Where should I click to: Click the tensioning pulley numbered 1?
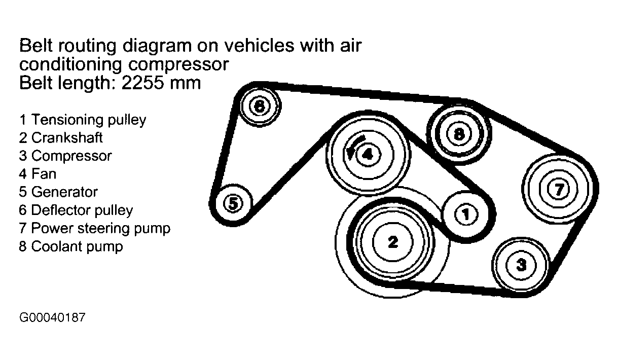(465, 215)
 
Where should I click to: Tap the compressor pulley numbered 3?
(521, 264)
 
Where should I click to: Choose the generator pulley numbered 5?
(232, 204)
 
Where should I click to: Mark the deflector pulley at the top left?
(259, 106)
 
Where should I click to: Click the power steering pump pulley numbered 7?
(558, 189)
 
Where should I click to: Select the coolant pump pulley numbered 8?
(459, 134)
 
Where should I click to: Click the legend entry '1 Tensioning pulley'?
(83, 120)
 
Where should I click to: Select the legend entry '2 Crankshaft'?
(61, 137)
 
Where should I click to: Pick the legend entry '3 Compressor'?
(65, 156)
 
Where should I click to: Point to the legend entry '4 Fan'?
(38, 174)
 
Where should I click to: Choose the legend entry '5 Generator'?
(58, 192)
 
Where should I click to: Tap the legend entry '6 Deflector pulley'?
(76, 210)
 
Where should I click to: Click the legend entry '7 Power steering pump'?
(95, 228)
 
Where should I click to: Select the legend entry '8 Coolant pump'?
(71, 246)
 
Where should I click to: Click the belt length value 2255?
(142, 83)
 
